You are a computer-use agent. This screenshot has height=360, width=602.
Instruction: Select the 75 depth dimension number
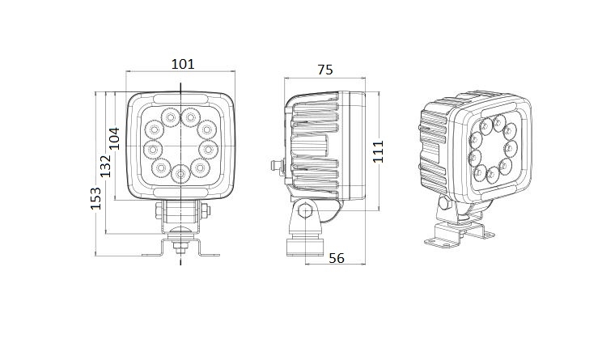pos(324,70)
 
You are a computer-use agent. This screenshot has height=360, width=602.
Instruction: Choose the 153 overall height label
pos(95,199)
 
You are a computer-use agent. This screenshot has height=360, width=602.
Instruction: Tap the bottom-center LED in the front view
pos(180,172)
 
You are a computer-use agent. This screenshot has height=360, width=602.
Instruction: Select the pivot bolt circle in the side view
pos(305,212)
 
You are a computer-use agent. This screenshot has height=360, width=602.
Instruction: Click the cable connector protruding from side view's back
pos(274,166)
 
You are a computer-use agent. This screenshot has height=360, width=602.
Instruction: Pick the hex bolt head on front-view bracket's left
pos(159,212)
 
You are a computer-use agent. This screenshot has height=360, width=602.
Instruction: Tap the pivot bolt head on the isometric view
pos(443,202)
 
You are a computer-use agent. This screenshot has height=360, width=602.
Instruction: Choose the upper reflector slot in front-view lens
pos(180,104)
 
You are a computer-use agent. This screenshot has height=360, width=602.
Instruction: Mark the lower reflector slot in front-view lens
pos(180,190)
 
